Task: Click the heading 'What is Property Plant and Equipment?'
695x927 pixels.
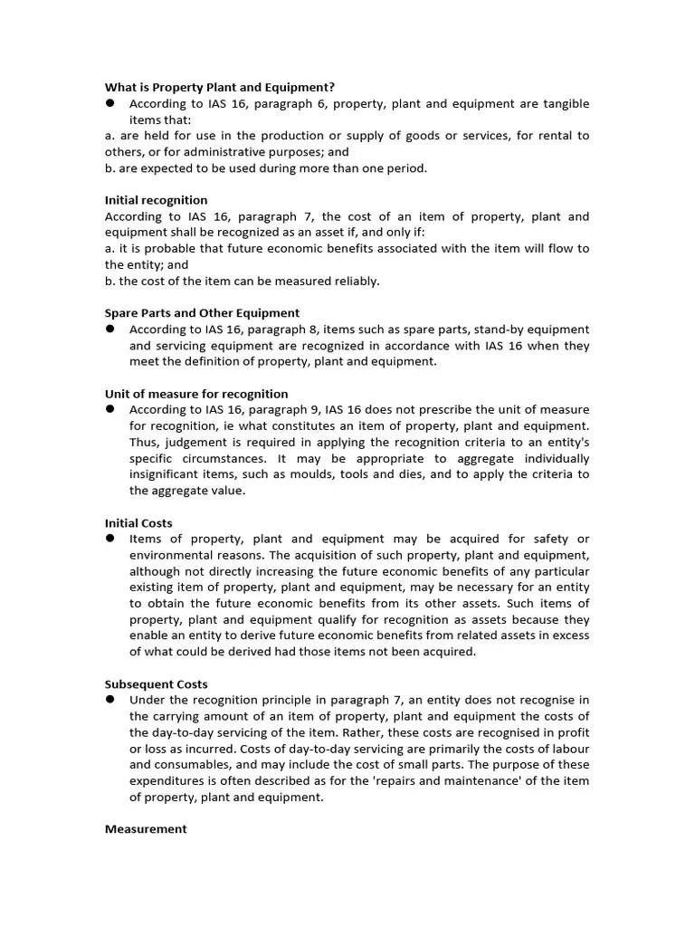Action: click(220, 87)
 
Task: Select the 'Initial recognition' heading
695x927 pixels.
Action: click(156, 200)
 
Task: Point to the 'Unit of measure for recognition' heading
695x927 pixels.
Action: click(196, 394)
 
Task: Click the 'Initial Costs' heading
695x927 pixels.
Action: click(138, 523)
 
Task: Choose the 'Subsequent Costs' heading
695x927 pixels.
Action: click(156, 684)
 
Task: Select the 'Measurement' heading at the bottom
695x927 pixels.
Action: click(146, 829)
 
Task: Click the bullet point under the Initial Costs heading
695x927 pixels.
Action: click(109, 539)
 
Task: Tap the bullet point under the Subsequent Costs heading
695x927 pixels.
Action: click(109, 700)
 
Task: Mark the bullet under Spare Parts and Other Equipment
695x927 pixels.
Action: click(109, 329)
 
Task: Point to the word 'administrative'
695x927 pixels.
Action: click(211, 152)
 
